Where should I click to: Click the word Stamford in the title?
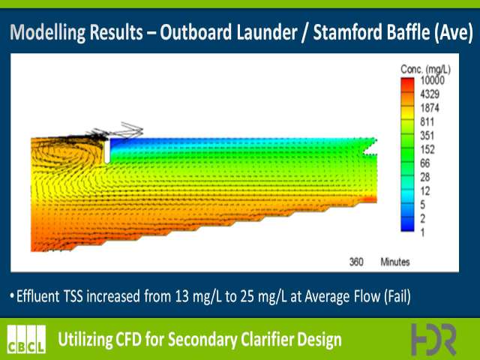[348, 32]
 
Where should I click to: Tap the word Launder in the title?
[266, 32]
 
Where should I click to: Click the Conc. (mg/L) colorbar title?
[425, 70]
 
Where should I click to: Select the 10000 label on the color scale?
[432, 80]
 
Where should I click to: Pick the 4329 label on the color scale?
[430, 94]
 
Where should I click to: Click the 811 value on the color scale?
[427, 121]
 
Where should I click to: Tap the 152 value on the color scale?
[427, 149]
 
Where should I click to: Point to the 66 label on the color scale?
[425, 163]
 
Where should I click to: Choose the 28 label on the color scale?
[425, 177]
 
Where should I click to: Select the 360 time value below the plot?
[356, 262]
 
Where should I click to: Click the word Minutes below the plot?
[395, 262]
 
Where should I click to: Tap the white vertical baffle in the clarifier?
[106, 151]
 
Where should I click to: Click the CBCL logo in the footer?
[26, 339]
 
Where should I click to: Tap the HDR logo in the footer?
[433, 339]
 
